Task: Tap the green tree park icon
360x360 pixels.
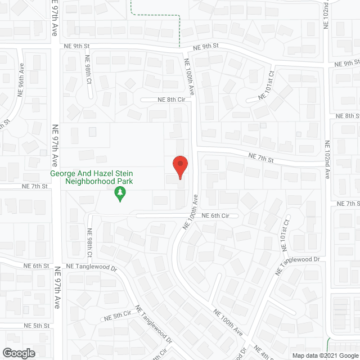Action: (x=119, y=195)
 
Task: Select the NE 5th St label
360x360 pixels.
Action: (x=37, y=326)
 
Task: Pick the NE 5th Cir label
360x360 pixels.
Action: (x=121, y=316)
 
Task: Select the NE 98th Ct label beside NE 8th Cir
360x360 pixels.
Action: (x=88, y=70)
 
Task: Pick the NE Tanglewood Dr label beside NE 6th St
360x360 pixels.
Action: (x=91, y=267)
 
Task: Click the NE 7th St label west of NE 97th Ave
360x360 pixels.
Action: (x=35, y=186)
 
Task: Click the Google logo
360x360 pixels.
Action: (x=18, y=353)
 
